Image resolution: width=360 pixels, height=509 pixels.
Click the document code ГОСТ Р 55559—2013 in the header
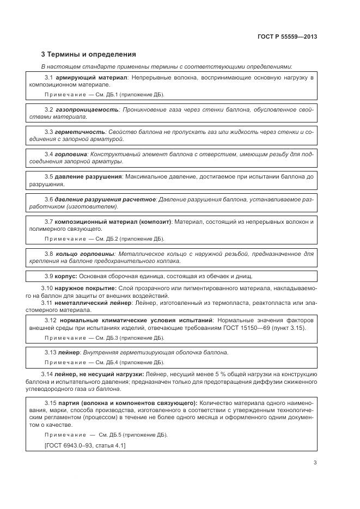(287, 36)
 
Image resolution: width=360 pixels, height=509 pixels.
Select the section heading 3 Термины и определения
(89, 54)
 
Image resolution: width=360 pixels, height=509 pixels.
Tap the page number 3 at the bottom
(315, 463)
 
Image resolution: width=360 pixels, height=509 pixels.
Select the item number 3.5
(48, 177)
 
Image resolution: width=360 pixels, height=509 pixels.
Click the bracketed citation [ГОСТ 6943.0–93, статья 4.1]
(84, 445)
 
